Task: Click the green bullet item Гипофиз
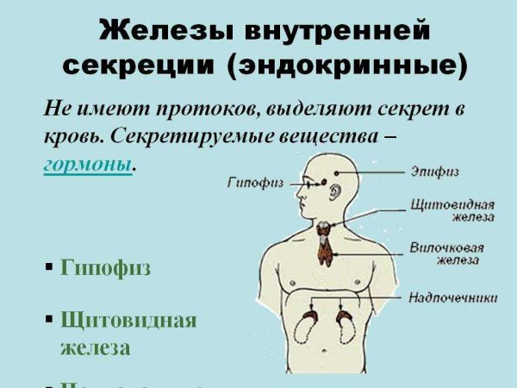pyautogui.click(x=106, y=268)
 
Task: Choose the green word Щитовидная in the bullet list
pyautogui.click(x=128, y=321)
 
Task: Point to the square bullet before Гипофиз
pyautogui.click(x=49, y=268)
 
